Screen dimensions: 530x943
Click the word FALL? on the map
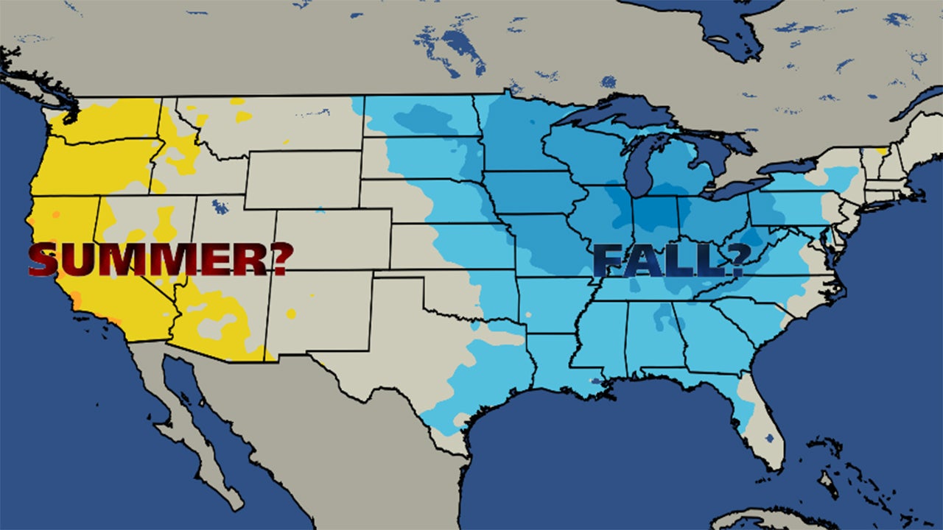(x=667, y=261)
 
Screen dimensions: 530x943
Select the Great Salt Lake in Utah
(x=219, y=207)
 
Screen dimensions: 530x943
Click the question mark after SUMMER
(x=279, y=259)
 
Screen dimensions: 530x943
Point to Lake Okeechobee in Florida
(x=770, y=439)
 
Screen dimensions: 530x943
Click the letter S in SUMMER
(x=44, y=259)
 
